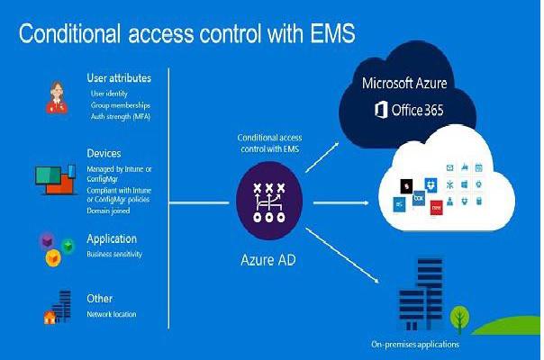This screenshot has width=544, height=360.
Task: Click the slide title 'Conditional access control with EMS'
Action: click(x=186, y=35)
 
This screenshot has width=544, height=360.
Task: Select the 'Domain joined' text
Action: click(x=109, y=210)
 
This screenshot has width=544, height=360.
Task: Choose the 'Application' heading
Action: click(x=112, y=239)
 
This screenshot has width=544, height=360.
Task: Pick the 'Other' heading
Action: click(x=99, y=299)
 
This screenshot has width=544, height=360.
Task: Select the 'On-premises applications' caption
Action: click(x=414, y=345)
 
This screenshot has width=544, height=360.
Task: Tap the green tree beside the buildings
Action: click(x=460, y=316)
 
